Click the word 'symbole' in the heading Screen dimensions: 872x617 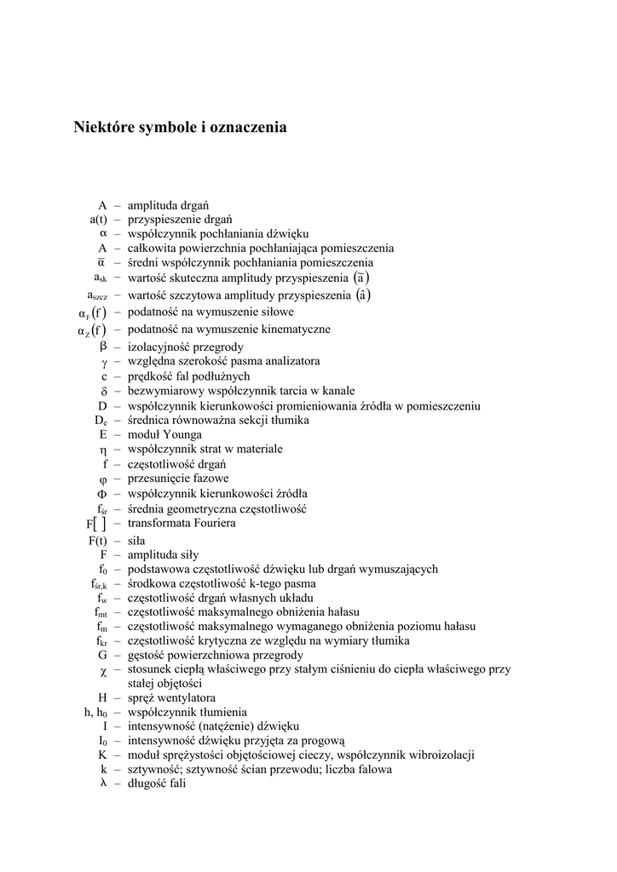164,128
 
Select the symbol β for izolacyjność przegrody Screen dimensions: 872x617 103,346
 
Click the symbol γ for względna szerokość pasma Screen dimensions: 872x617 103,361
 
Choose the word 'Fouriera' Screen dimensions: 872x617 211,523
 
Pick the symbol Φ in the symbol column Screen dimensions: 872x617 102,493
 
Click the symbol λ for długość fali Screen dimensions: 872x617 103,783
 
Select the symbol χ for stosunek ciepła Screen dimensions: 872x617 103,670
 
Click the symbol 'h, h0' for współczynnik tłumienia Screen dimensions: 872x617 95,712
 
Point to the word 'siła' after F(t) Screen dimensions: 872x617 136,540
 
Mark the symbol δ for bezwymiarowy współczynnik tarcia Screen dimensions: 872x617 103,391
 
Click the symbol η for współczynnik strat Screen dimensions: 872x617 103,449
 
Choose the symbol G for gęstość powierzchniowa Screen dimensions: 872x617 102,655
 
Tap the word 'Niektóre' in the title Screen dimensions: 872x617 100,128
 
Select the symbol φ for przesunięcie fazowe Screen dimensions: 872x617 103,479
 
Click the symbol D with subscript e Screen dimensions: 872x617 101,421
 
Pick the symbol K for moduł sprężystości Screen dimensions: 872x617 102,754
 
